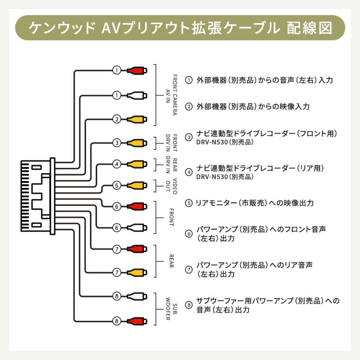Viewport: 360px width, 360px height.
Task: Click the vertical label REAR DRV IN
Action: point(171,164)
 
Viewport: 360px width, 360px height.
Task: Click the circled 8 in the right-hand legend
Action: point(188,305)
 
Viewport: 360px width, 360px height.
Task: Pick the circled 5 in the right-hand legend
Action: point(188,203)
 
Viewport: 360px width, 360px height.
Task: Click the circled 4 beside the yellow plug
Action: point(116,164)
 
